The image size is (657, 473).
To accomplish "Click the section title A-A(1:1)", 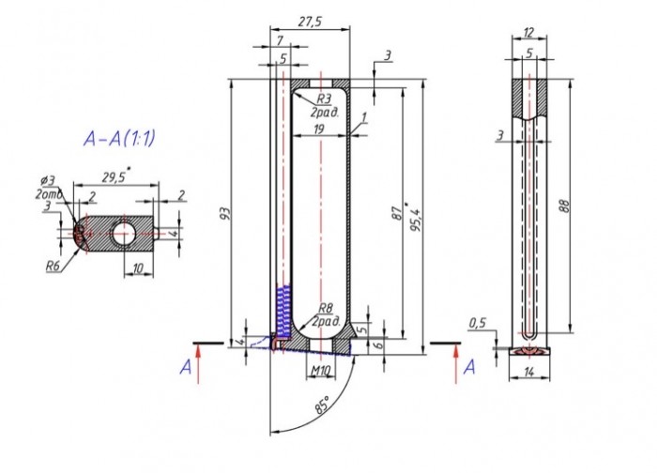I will tap(119, 140).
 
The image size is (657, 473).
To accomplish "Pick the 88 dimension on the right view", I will tap(564, 208).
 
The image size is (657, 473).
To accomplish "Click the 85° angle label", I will tap(322, 407).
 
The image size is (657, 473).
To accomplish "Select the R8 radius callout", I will tap(325, 308).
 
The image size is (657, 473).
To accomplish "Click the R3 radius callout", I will tap(323, 98).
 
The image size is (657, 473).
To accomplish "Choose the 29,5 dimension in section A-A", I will tap(114, 175).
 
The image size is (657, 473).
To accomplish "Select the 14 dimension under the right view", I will tap(530, 373).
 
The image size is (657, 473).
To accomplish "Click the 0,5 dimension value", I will tap(478, 324).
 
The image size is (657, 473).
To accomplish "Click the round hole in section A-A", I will tap(120, 232).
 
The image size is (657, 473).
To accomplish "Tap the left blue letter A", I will tap(187, 367).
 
